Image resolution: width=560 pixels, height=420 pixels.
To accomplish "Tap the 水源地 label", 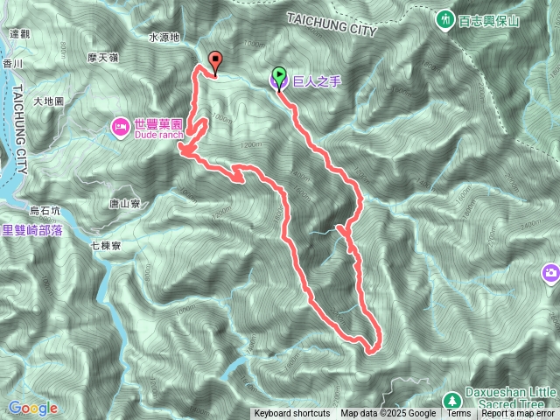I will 164,38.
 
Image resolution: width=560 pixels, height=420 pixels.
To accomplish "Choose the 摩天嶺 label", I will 104,57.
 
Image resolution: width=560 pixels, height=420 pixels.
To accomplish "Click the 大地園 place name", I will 48,101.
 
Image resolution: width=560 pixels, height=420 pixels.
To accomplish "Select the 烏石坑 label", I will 45,210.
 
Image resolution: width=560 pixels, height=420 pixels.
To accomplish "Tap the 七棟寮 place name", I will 105,247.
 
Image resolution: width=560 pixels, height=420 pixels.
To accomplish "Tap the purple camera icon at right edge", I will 551,273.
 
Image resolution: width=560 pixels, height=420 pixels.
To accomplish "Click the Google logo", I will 32,408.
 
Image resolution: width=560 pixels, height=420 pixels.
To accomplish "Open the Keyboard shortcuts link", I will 292,414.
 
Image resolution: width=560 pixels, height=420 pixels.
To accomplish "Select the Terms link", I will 458,414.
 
